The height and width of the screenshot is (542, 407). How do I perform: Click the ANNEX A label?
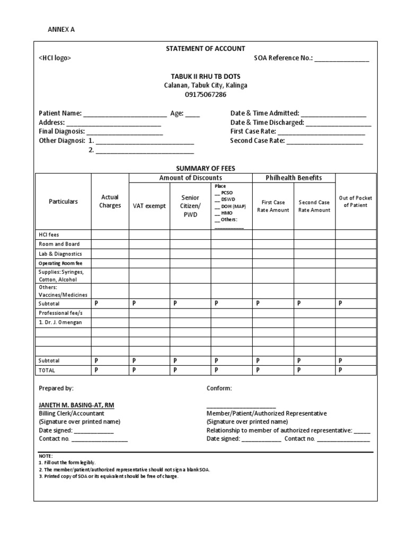[61, 30]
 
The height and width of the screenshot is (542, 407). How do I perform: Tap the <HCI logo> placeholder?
[55, 58]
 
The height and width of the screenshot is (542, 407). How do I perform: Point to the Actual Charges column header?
[110, 201]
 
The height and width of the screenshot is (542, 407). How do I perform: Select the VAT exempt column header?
[149, 206]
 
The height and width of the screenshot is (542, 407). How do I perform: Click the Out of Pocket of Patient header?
[356, 202]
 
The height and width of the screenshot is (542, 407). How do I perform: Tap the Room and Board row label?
[59, 244]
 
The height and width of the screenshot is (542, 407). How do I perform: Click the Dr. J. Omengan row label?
[61, 322]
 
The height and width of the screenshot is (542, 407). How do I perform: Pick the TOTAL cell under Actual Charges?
[110, 370]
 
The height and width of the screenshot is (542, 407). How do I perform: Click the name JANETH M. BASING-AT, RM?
[76, 405]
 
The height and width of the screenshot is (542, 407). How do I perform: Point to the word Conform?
[219, 389]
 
